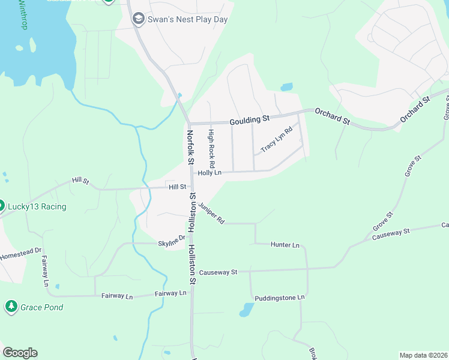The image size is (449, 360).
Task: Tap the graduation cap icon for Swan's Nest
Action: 139,19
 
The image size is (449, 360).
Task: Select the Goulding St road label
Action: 250,121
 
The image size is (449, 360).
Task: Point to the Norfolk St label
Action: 190,148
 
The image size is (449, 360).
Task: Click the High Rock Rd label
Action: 211,148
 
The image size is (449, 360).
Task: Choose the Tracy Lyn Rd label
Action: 277,138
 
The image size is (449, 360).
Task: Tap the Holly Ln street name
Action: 210,173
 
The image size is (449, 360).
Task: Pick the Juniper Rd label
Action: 211,213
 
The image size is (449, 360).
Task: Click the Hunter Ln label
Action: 285,245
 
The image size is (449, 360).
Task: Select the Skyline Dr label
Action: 171,243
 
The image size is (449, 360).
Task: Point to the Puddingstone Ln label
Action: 280,298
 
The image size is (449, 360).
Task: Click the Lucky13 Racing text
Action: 37,207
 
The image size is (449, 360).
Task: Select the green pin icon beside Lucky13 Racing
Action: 2,206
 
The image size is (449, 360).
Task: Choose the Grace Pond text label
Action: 42,307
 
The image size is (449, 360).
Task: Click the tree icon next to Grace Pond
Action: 11,307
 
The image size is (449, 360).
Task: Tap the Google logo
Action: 20,353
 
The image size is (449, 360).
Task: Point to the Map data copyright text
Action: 423,355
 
